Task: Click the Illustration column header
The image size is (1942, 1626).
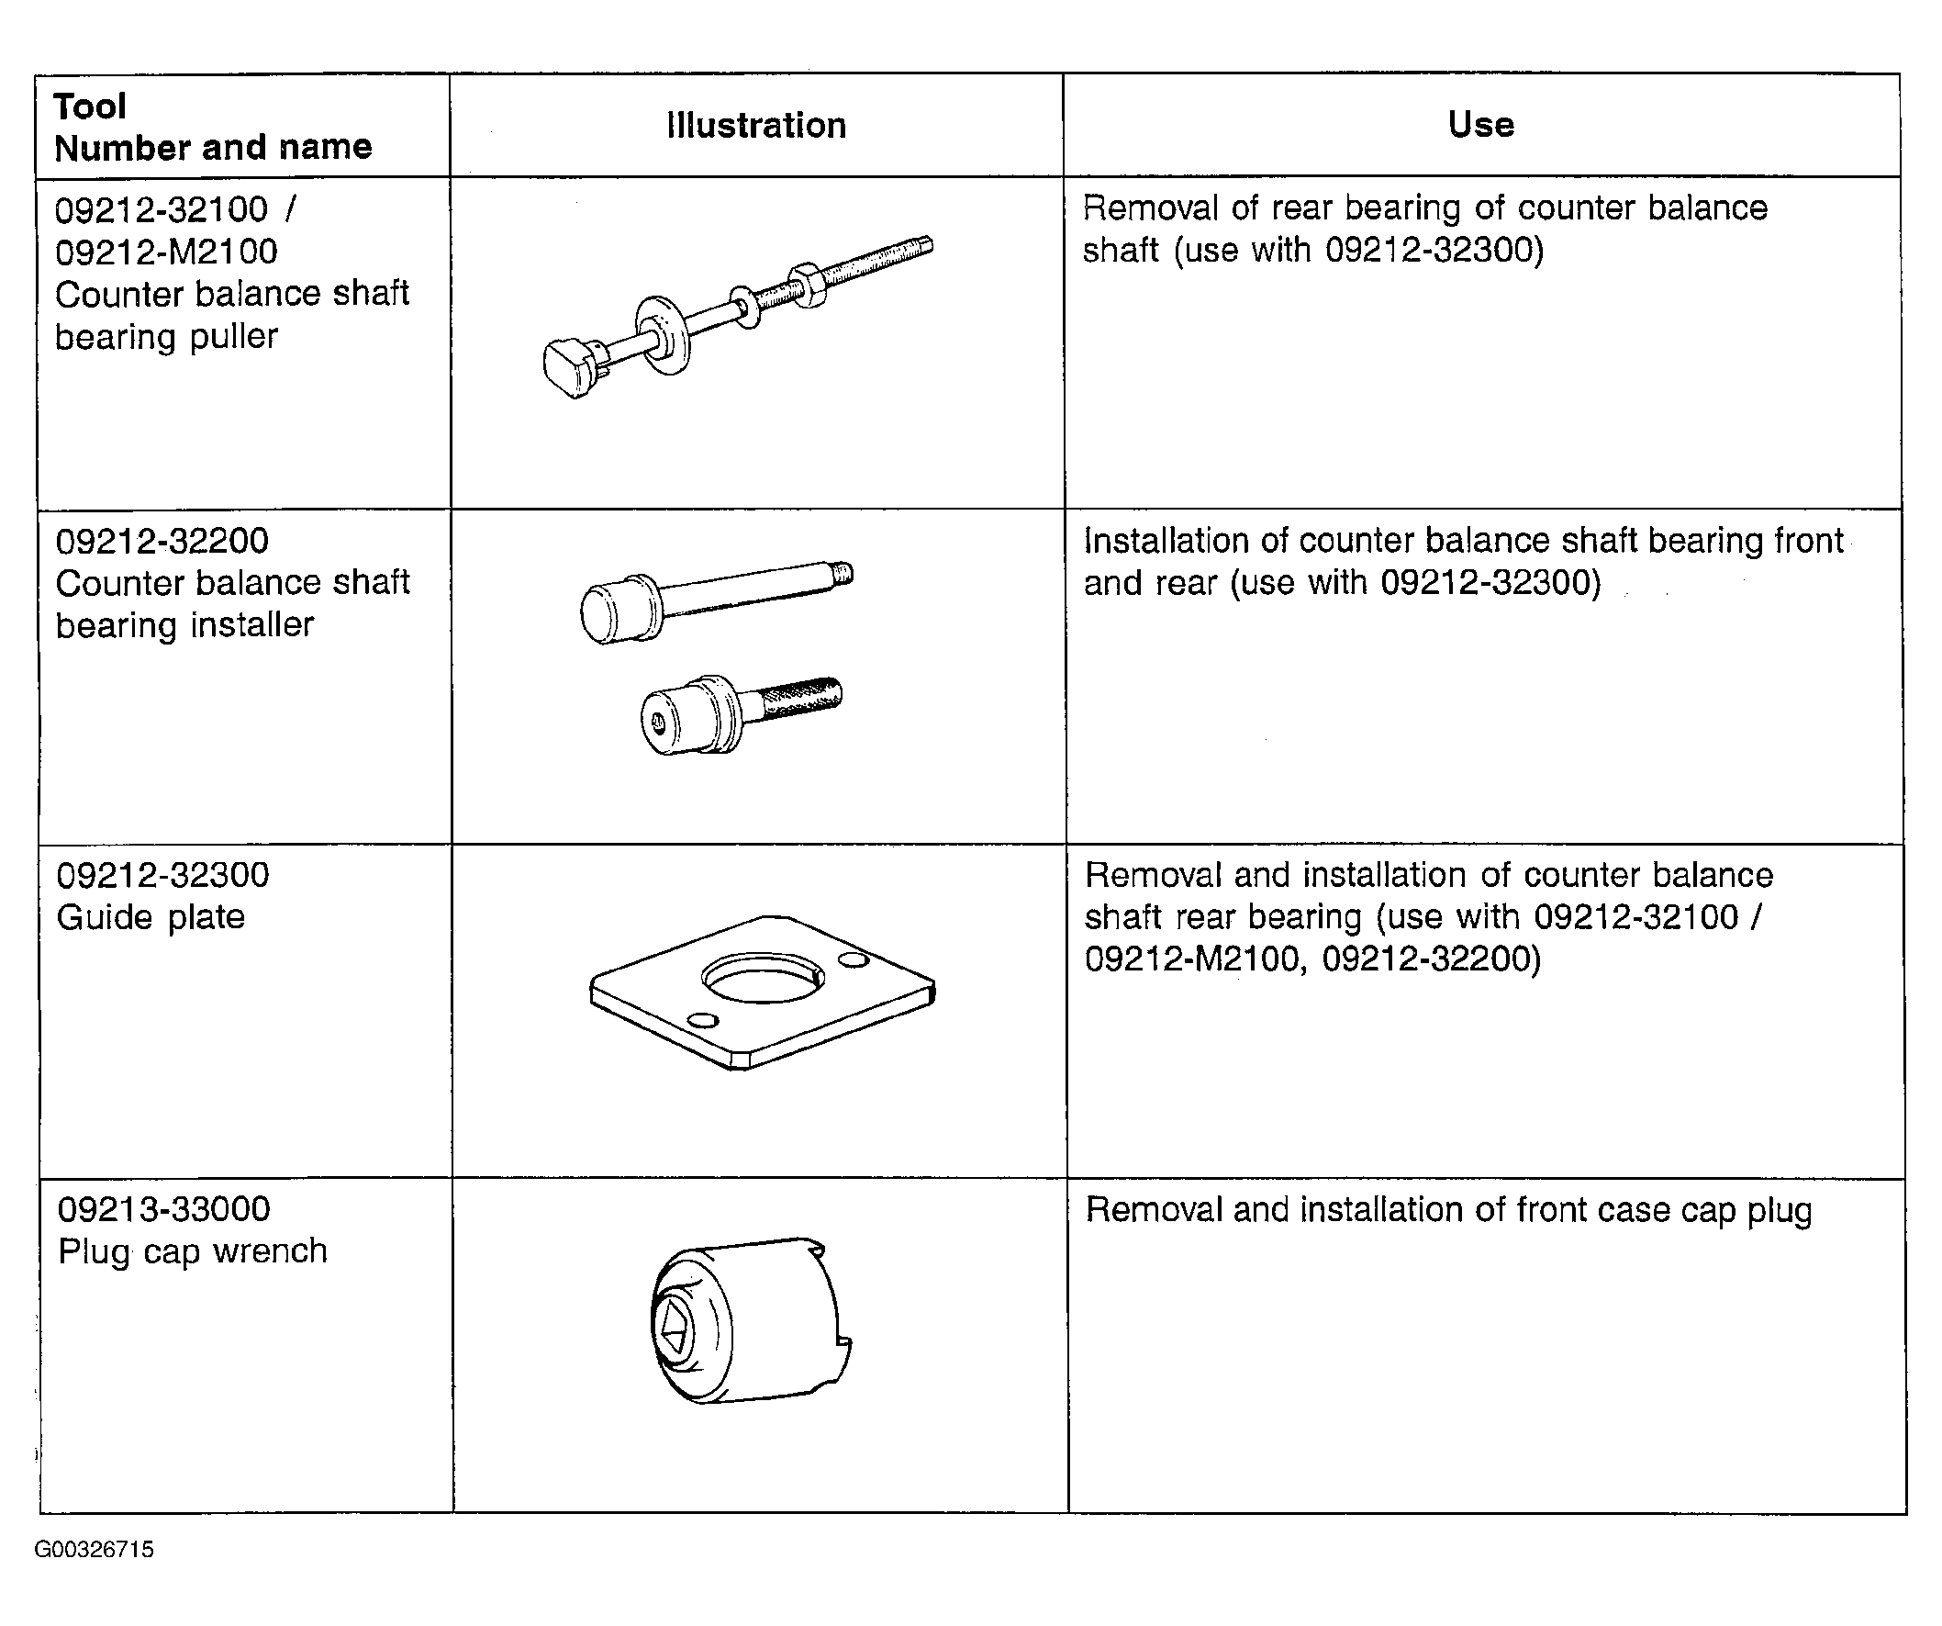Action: tap(756, 125)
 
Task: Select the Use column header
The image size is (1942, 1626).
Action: tap(1480, 124)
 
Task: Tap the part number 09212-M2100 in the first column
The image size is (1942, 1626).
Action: tap(166, 252)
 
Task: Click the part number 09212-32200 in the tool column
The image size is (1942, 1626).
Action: tap(162, 541)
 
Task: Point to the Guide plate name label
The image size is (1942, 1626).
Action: tap(151, 916)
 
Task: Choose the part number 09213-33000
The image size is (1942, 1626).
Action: tap(163, 1209)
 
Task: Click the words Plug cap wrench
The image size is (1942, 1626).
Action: tap(193, 1251)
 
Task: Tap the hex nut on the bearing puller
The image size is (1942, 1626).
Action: tap(807, 285)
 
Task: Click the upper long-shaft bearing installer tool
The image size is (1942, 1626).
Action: tap(716, 600)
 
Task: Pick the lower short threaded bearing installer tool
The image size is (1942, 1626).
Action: tap(740, 714)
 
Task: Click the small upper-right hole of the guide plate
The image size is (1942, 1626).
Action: tap(853, 961)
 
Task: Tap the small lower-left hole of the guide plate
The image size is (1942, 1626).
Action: tap(703, 1020)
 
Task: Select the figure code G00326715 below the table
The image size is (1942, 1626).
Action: tap(95, 1549)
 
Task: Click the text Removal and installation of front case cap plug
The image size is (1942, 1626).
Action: tap(1448, 1211)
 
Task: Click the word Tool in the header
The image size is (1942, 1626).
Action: tap(90, 107)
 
